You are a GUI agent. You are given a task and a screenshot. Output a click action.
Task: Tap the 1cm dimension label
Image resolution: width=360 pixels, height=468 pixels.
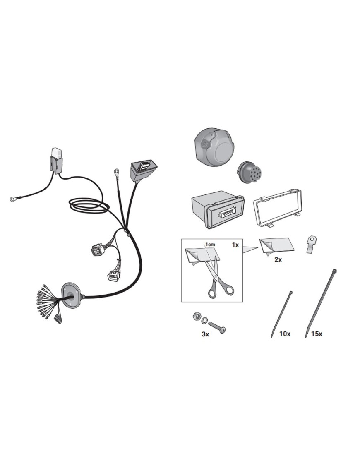coord(210,245)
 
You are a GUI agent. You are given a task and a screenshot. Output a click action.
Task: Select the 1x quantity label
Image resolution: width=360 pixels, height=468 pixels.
coord(235,245)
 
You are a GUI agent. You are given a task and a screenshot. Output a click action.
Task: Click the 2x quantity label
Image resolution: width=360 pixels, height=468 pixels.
coord(278,260)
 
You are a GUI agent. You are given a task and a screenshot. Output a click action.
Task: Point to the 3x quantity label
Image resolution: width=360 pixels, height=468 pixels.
coord(205,334)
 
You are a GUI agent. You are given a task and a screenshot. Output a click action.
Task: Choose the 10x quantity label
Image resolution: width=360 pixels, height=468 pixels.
coord(285,334)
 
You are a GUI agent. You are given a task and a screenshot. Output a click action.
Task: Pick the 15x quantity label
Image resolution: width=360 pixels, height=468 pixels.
coord(317,334)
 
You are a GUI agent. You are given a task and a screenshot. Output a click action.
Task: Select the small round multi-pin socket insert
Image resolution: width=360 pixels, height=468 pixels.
coord(248,173)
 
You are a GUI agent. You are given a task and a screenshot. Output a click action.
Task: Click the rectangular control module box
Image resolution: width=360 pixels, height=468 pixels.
coord(218,209)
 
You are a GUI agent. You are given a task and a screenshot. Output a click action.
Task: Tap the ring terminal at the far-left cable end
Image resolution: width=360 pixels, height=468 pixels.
coord(13,198)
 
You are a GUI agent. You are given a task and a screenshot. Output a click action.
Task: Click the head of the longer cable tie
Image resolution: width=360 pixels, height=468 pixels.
coord(334,271)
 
